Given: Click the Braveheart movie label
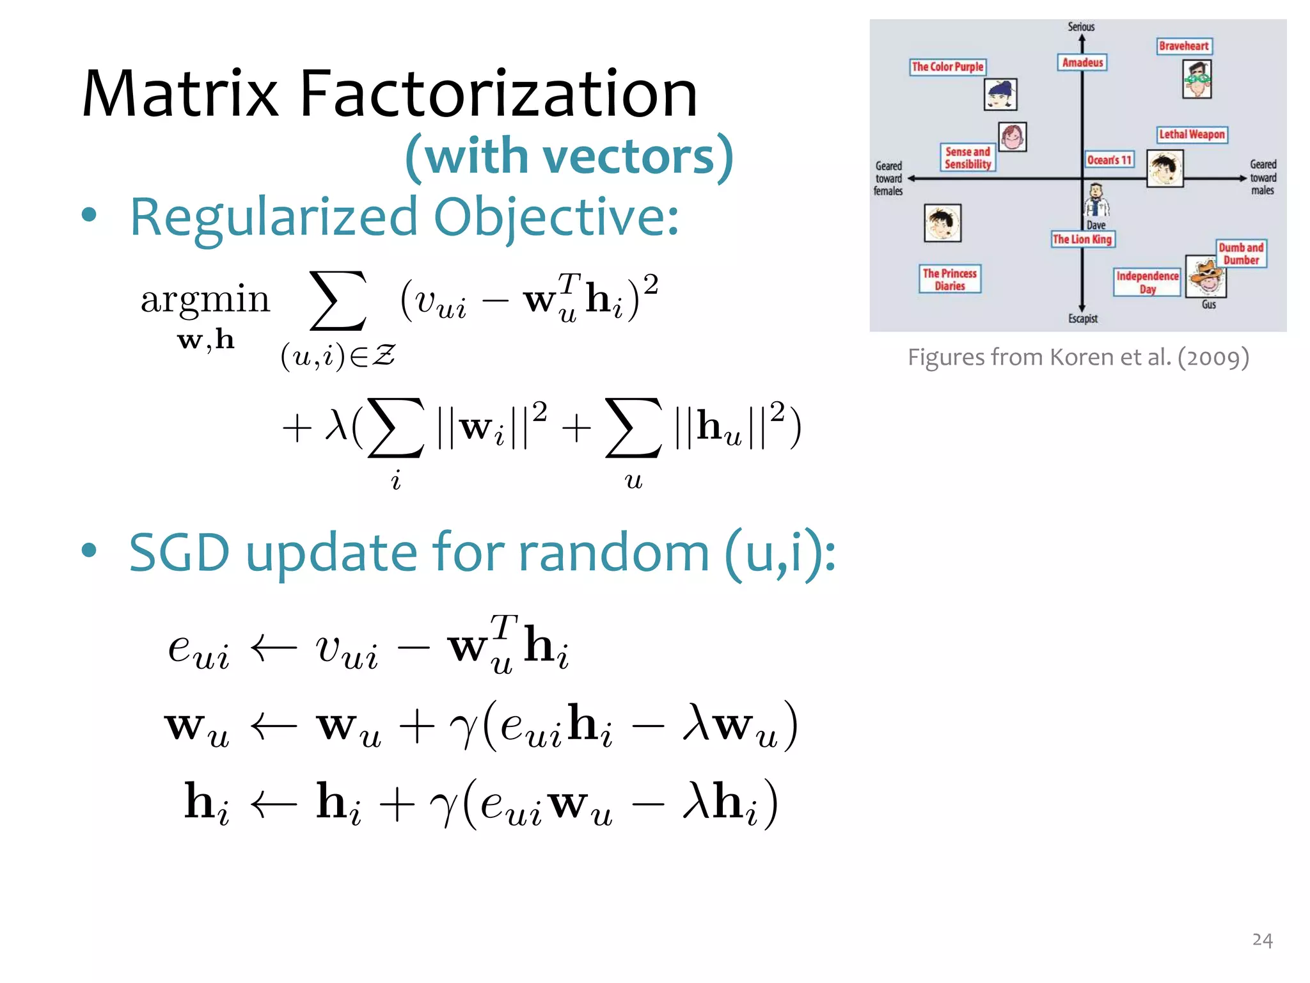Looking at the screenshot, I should tap(1184, 46).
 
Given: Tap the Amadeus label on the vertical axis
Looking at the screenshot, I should tap(1082, 63).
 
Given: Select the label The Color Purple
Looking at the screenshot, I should tap(947, 67).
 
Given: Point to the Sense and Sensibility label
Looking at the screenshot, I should tap(967, 157).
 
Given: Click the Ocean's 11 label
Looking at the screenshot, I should tap(1109, 159).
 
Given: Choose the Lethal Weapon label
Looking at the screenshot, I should tap(1192, 134).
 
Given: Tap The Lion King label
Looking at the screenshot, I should tap(1082, 239).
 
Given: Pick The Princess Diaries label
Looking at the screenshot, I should tap(949, 279).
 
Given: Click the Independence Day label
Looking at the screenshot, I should tap(1147, 282).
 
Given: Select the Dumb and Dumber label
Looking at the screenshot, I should tap(1241, 253).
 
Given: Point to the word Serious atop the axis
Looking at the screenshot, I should tap(1081, 27).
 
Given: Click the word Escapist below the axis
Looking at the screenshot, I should tap(1082, 319).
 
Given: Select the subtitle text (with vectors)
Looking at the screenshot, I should tap(569, 156).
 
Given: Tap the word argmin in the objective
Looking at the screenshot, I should tap(205, 300).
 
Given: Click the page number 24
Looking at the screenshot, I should tap(1262, 939).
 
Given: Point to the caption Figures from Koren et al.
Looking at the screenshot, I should tap(1078, 357).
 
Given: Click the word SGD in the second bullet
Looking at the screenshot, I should tap(179, 552).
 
